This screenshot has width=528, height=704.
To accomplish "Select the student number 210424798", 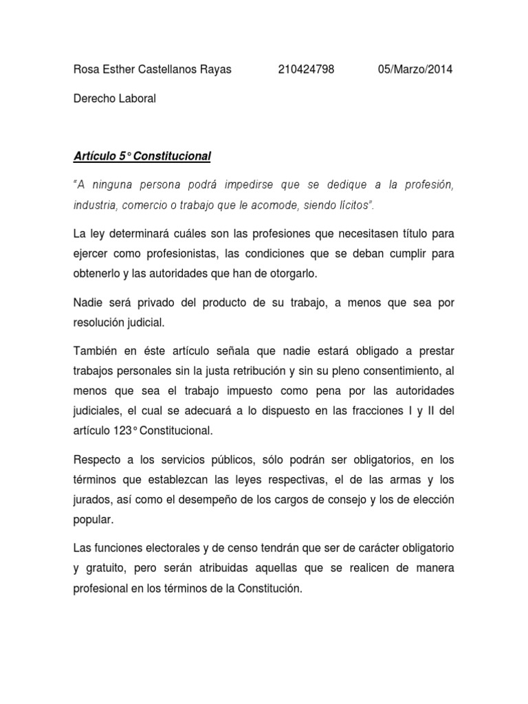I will click(x=307, y=69).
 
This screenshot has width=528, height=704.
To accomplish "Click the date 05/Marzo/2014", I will click(x=416, y=69).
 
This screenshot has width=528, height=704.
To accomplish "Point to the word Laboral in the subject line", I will click(x=137, y=98).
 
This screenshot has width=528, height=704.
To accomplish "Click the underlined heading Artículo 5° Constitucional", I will click(x=142, y=157).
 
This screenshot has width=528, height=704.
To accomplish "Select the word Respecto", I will click(x=98, y=460).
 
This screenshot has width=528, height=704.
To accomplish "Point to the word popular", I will click(x=93, y=519).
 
